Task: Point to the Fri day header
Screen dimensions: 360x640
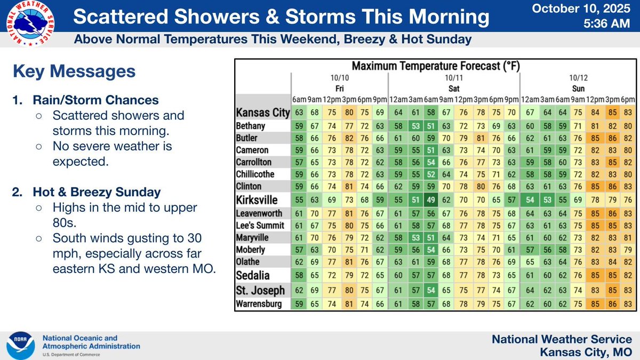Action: pos(340,89)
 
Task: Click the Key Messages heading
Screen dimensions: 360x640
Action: pos(74,71)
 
